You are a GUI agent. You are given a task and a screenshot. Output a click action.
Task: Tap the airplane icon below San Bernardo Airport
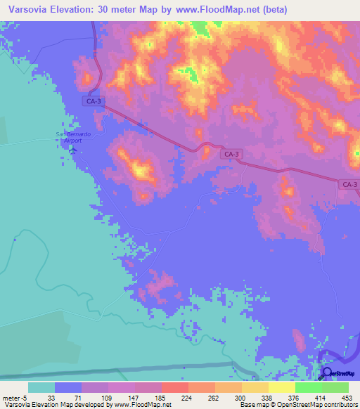click(60, 145)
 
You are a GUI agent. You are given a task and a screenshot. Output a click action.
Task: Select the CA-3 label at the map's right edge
click(349, 184)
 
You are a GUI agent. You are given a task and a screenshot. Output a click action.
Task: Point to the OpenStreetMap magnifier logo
click(326, 372)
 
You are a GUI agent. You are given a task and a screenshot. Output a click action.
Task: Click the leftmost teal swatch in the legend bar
click(41, 387)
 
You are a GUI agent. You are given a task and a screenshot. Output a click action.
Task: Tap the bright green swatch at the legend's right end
click(335, 387)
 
